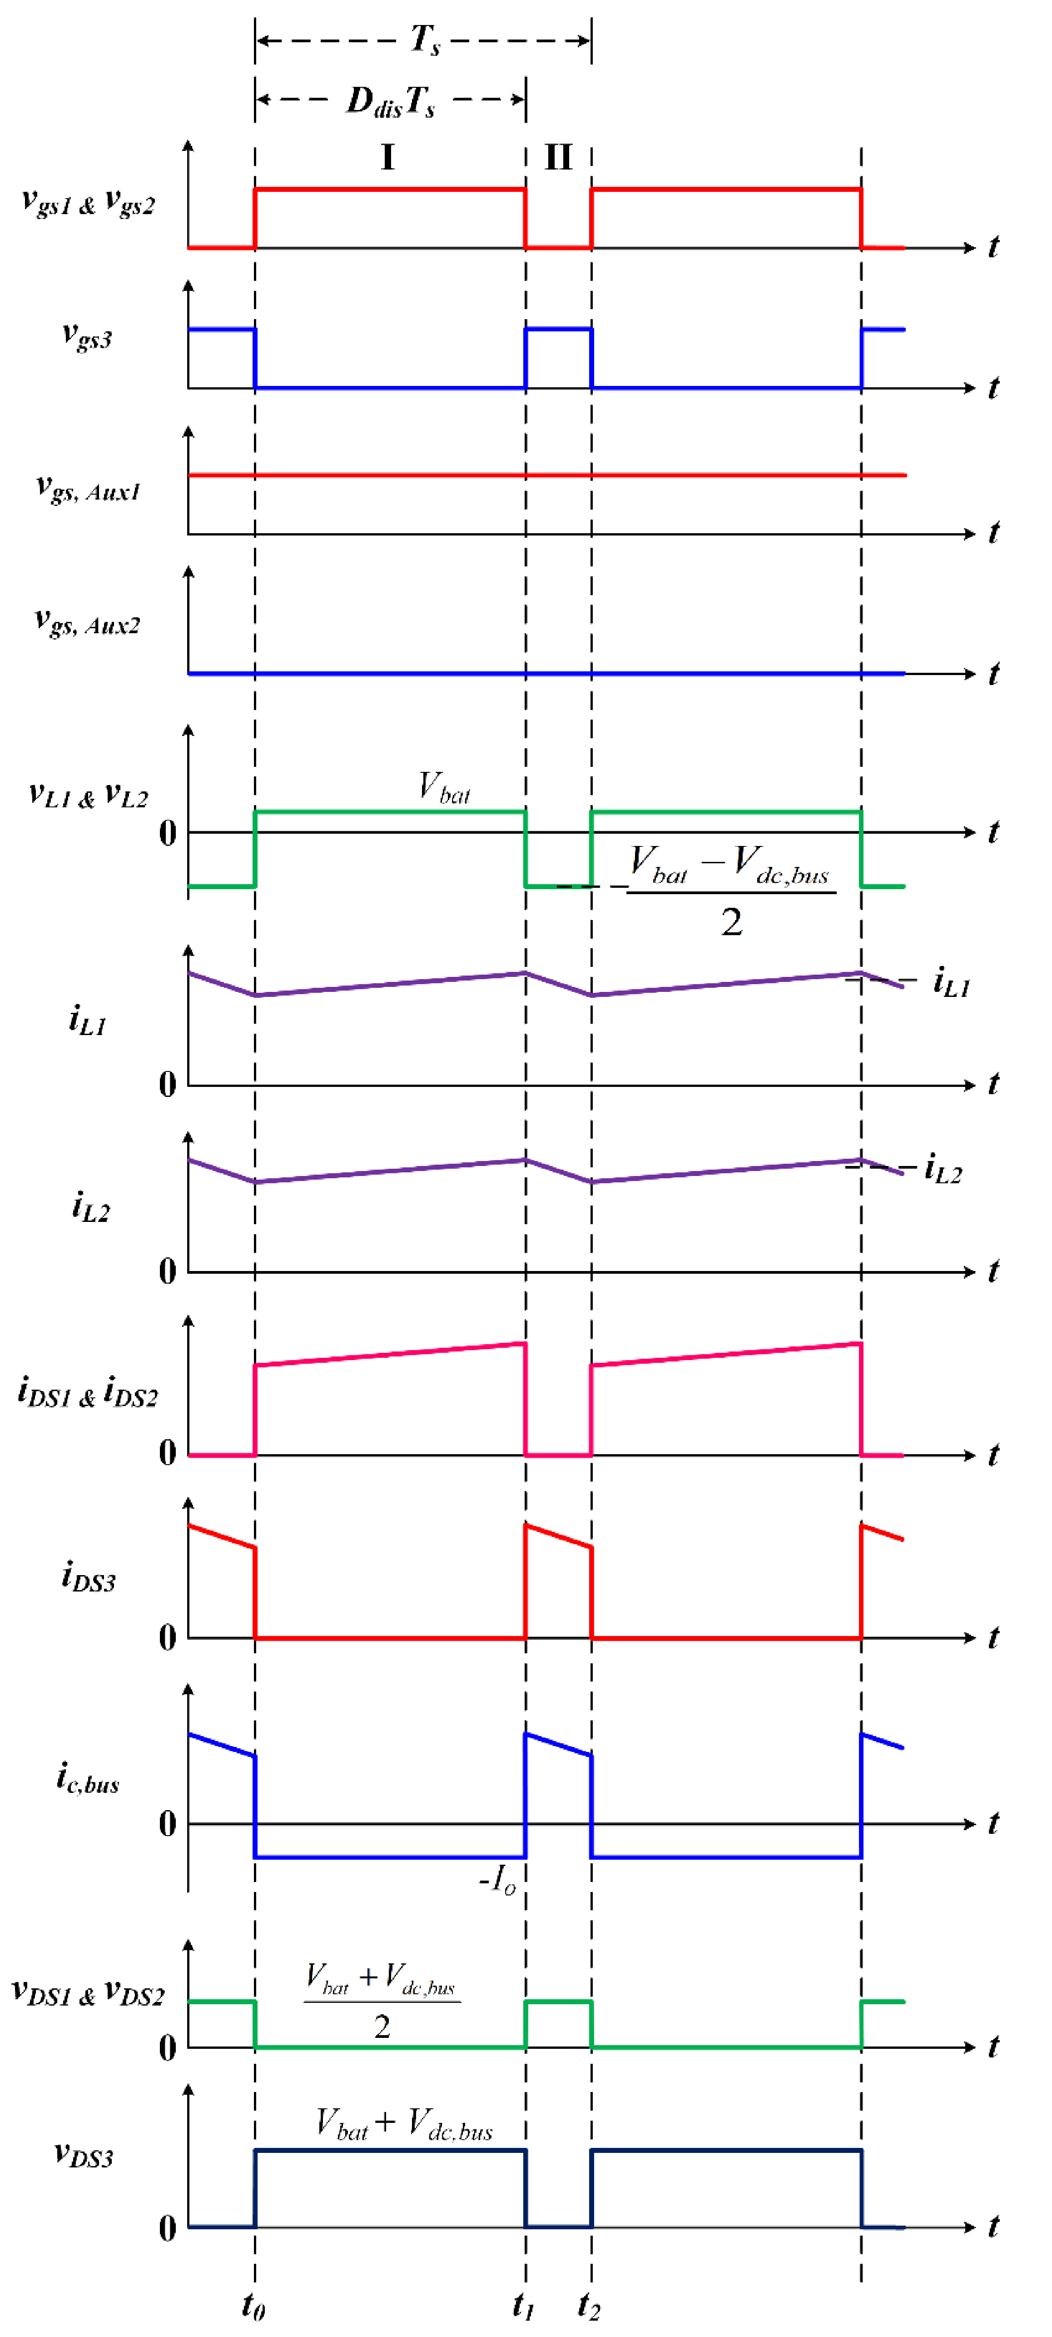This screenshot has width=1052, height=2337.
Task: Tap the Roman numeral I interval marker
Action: pyautogui.click(x=387, y=158)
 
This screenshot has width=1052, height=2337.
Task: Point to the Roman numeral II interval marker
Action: pyautogui.click(x=558, y=158)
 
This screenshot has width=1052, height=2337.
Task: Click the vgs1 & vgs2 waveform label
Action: pyautogui.click(x=88, y=201)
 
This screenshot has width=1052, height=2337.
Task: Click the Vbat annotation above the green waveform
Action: pyautogui.click(x=444, y=787)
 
